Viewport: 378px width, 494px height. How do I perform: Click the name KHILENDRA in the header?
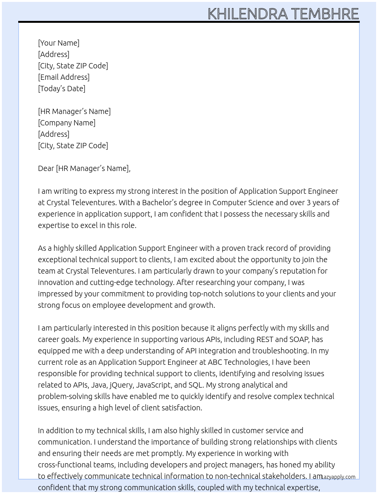(247, 14)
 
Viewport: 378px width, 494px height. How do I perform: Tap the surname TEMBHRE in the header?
(324, 14)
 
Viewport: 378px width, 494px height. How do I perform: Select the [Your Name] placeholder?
(58, 43)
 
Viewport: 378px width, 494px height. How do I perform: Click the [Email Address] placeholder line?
(64, 77)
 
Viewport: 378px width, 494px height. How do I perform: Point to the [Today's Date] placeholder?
(61, 89)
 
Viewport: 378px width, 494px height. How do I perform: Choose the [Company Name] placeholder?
(66, 123)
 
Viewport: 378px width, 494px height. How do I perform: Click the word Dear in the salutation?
(46, 168)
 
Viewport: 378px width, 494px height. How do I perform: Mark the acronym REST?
(265, 339)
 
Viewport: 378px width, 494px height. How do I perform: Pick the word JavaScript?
(153, 385)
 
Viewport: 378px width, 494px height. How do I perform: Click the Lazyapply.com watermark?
(338, 477)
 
